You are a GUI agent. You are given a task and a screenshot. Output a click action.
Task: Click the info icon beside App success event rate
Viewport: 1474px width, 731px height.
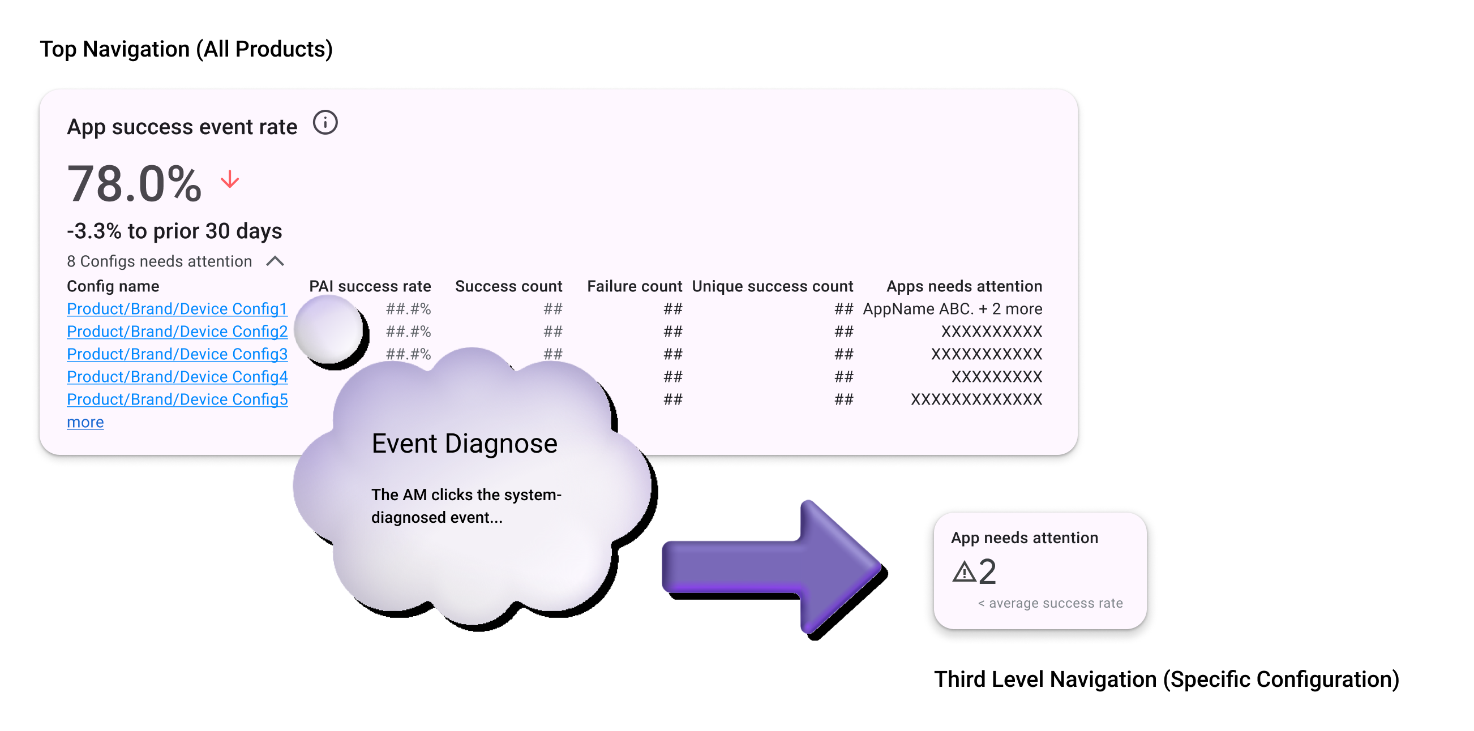pos(325,123)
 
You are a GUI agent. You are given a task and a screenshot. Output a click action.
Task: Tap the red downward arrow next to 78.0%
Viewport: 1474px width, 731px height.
pos(230,179)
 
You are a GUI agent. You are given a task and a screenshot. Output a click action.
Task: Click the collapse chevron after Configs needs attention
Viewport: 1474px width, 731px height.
pos(275,261)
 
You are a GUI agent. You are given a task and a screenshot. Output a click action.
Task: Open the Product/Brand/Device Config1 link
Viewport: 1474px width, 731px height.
pos(177,309)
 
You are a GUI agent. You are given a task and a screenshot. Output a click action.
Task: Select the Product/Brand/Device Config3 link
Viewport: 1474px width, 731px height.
pos(177,354)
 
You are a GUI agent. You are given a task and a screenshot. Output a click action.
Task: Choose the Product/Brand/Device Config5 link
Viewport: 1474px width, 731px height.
pos(177,399)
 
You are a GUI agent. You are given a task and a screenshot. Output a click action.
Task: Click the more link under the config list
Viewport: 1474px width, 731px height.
pos(85,422)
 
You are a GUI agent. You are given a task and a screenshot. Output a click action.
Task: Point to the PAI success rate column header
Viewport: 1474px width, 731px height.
pos(370,286)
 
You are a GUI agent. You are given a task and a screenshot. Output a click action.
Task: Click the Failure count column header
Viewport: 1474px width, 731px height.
pos(634,286)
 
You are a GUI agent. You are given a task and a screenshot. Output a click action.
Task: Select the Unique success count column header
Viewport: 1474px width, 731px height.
pos(772,286)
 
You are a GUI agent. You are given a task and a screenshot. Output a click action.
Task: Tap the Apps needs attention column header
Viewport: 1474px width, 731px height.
pos(964,286)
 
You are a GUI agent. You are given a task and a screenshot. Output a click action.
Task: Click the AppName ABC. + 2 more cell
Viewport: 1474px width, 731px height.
pos(952,309)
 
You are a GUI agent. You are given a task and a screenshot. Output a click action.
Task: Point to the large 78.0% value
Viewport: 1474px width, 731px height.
pos(135,184)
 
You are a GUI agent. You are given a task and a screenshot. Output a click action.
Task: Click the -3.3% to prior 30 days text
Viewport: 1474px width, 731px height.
pos(174,231)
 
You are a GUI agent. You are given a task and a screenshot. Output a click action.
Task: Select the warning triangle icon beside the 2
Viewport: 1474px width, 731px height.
pos(964,571)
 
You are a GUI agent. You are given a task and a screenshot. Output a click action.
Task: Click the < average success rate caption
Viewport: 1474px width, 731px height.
pos(1050,603)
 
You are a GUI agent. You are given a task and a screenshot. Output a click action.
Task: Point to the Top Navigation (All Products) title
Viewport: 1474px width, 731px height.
pos(186,49)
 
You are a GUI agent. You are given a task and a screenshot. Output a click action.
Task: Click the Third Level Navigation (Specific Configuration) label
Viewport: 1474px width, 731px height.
pos(1166,679)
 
